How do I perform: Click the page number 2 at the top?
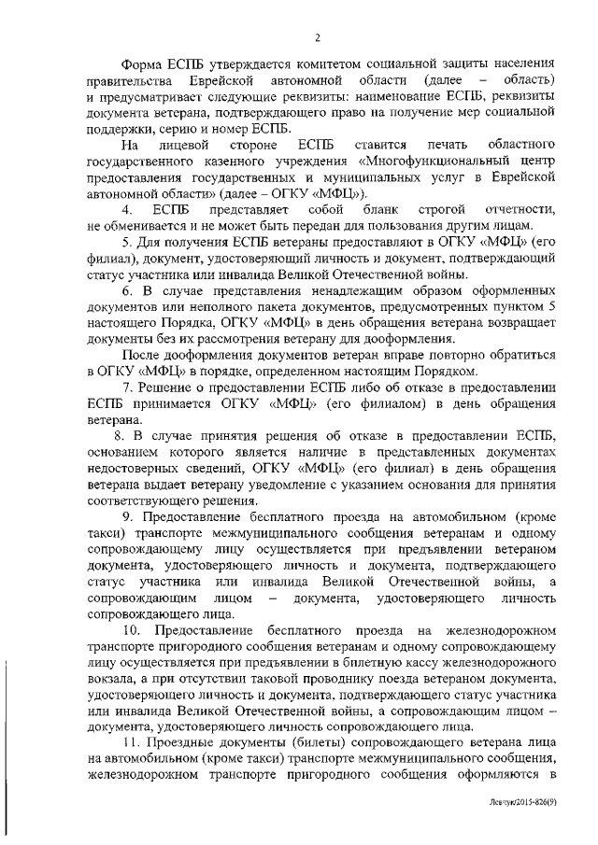318,38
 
